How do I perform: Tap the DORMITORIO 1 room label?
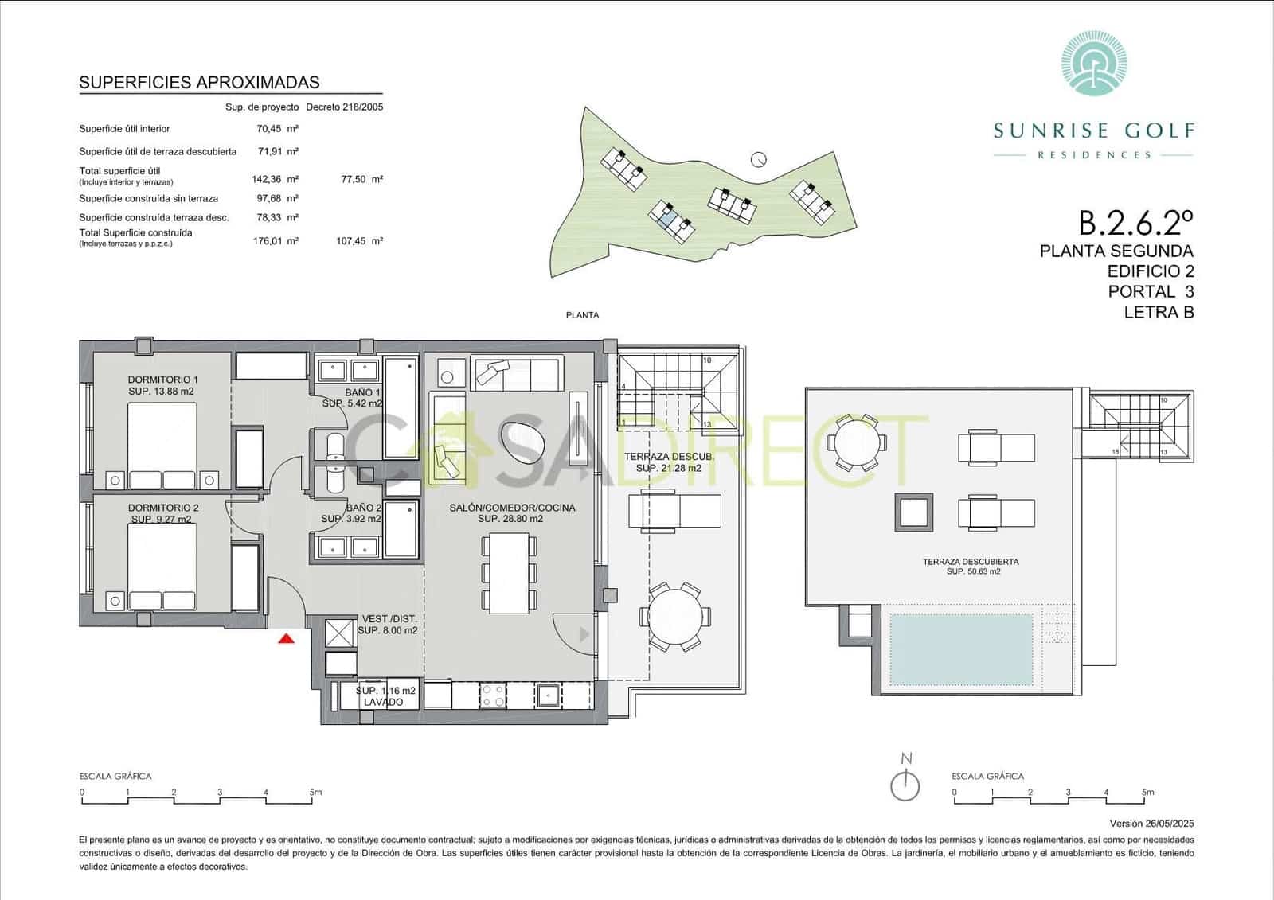click(x=162, y=380)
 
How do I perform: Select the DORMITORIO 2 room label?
click(x=162, y=508)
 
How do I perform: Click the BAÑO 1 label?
click(x=363, y=393)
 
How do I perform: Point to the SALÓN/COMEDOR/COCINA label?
click(x=511, y=508)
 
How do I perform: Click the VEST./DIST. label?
click(x=389, y=619)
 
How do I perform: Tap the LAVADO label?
click(x=384, y=703)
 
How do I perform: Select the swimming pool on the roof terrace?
click(x=963, y=649)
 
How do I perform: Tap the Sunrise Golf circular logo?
click(x=1094, y=63)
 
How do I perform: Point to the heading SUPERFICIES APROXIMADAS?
click(x=199, y=82)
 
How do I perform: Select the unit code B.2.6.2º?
click(x=1135, y=223)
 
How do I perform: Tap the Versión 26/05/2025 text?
click(x=1151, y=824)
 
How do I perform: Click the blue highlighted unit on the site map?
click(x=670, y=214)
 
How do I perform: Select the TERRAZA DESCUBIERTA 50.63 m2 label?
click(x=971, y=566)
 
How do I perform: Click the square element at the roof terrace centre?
click(x=914, y=512)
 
